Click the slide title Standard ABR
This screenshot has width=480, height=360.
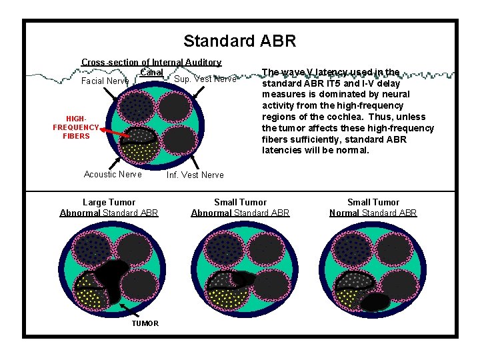[239, 41]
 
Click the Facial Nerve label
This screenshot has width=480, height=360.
[105, 81]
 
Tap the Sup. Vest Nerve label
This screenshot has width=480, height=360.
[205, 79]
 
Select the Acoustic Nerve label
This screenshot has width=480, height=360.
[113, 174]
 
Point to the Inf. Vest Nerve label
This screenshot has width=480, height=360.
[195, 175]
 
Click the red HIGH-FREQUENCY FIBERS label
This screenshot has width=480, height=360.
[76, 127]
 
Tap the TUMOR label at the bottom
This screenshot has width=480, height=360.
[145, 323]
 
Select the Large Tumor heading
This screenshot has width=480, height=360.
[109, 202]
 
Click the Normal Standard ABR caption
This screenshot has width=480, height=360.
[373, 213]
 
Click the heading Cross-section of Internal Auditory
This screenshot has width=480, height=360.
[151, 62]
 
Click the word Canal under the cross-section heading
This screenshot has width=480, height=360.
[152, 72]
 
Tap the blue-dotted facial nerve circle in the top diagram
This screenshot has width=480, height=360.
[138, 105]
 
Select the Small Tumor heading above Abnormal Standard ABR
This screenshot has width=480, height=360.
[240, 202]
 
